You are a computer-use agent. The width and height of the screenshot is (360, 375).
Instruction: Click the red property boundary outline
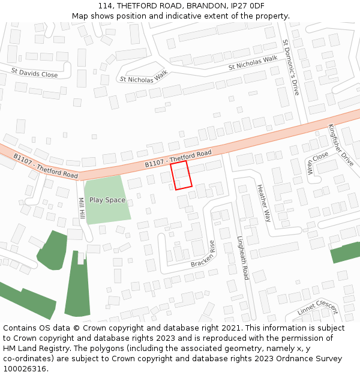(181, 175)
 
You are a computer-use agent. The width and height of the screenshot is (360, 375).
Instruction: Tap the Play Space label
(107, 200)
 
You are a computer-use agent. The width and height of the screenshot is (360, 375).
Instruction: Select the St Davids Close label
(34, 73)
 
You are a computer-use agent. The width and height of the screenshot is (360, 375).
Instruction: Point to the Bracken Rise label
(203, 254)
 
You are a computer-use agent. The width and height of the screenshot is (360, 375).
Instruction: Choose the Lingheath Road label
(242, 257)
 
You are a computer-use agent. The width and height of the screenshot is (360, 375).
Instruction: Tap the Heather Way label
(264, 203)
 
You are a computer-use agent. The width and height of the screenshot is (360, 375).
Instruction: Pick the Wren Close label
(318, 162)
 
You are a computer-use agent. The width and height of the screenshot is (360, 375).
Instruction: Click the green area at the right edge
(346, 252)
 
